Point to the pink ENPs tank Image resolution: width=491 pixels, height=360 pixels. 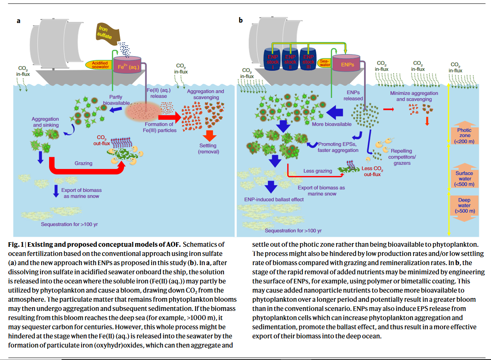[x=347, y=65]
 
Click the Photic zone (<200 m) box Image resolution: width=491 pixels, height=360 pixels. [x=464, y=136]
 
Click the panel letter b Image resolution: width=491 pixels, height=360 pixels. [x=241, y=20]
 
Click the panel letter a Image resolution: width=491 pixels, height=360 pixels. [x=18, y=20]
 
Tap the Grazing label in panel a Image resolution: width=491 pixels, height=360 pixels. [x=84, y=163]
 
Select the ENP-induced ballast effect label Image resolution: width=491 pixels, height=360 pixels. [x=274, y=199]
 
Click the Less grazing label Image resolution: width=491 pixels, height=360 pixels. [x=318, y=171]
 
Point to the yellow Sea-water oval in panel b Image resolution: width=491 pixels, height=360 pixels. [x=325, y=63]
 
